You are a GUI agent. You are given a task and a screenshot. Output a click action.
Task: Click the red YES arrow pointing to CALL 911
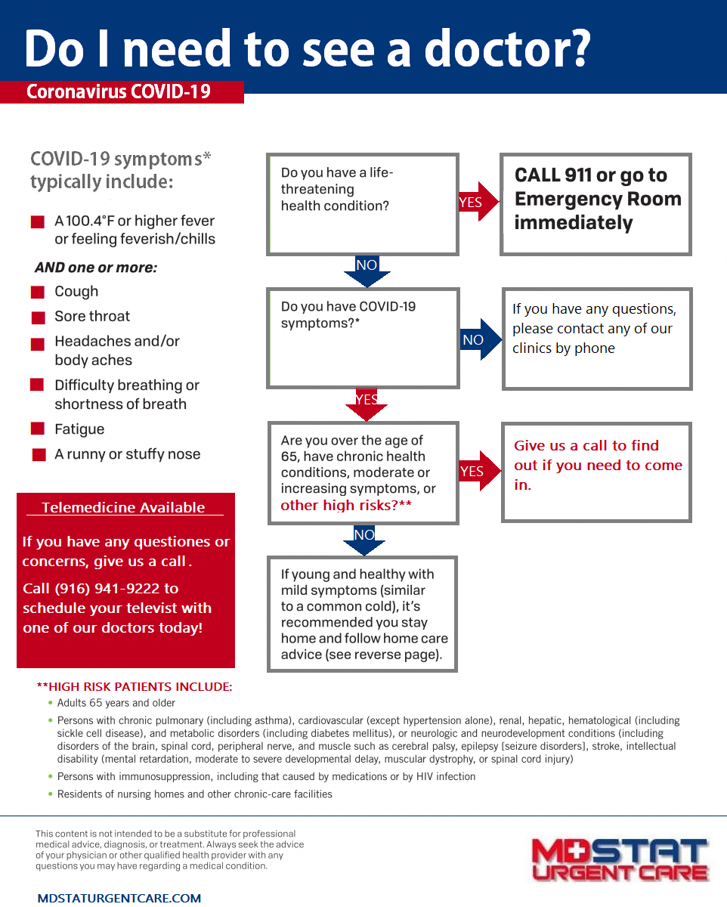[x=478, y=202]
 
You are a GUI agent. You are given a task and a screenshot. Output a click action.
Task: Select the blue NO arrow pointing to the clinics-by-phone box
[x=481, y=339]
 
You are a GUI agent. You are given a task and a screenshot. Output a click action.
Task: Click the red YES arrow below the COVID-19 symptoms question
[x=367, y=404]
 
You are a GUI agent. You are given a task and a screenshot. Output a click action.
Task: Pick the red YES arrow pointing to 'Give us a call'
[x=480, y=471]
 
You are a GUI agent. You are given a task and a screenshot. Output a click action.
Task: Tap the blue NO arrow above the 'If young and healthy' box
[x=364, y=540]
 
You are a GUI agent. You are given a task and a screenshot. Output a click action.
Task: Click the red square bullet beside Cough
[x=38, y=292]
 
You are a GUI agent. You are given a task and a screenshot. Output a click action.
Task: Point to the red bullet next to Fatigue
[x=38, y=429]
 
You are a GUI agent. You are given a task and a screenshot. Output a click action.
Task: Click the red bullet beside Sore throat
[x=38, y=317]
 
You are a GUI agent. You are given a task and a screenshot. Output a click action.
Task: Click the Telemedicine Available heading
[x=123, y=507]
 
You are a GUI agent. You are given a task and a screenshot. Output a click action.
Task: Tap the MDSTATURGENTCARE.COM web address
[x=119, y=898]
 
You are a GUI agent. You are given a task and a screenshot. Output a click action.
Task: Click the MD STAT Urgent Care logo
[x=620, y=860]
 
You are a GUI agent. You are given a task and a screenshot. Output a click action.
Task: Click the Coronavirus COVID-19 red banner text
[x=119, y=91]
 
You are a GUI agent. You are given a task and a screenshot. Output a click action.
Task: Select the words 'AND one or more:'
[x=96, y=268]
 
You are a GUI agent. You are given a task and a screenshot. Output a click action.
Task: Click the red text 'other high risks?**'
[x=346, y=505]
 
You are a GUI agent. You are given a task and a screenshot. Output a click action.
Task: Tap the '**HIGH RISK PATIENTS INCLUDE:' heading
[x=135, y=686]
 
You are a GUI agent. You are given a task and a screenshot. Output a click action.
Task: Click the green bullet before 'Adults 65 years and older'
[x=51, y=703]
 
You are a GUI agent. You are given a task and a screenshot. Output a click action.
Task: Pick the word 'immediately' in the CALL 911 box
[x=573, y=222]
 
